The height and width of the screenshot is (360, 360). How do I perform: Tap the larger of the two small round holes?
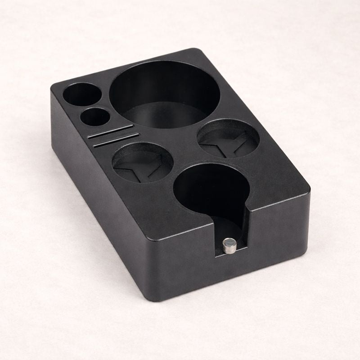[81, 95]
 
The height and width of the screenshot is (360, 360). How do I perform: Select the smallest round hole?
[94, 117]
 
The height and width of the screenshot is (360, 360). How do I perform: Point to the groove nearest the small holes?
[111, 130]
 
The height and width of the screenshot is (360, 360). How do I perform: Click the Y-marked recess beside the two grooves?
[143, 162]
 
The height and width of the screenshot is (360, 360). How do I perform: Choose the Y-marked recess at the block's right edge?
[228, 138]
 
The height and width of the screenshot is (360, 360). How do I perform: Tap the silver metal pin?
[229, 245]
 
